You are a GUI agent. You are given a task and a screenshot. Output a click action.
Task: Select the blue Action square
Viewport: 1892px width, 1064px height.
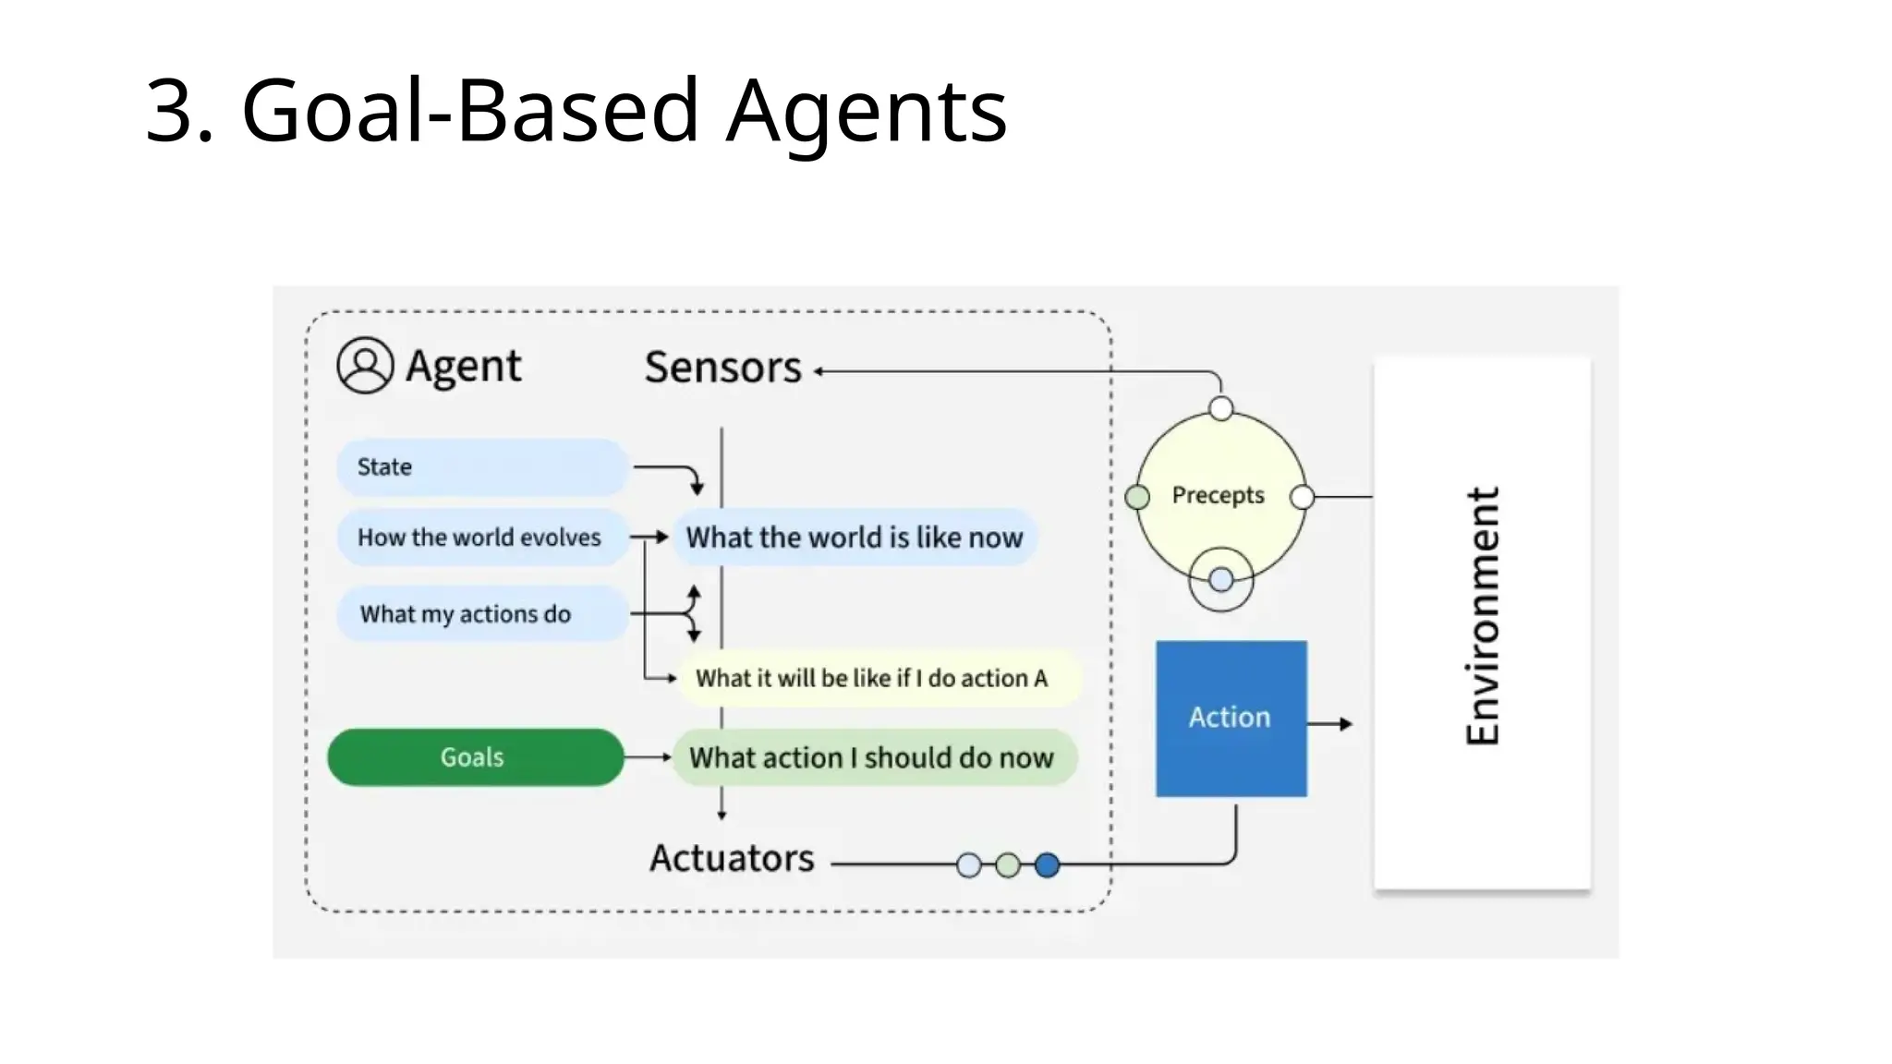[1231, 719]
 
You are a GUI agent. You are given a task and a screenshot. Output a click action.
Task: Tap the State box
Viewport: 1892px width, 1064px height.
[481, 467]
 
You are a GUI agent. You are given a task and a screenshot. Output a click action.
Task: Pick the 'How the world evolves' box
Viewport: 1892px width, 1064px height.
[480, 538]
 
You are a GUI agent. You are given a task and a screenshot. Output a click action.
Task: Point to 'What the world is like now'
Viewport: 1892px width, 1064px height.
[855, 538]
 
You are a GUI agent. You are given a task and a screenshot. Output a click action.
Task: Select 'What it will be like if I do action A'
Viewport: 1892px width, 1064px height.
[872, 679]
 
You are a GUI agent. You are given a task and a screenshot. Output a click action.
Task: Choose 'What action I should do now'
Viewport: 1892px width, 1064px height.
[872, 758]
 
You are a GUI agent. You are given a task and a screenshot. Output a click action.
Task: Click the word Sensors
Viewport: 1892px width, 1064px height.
[723, 368]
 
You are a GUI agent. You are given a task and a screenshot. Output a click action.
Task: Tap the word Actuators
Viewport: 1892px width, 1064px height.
[732, 859]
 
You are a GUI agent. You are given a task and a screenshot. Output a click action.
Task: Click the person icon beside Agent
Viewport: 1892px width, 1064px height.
[365, 366]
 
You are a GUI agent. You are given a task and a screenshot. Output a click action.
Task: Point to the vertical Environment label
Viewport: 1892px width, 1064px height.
[1483, 616]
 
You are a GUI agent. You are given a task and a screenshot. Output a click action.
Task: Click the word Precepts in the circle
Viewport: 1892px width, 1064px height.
[1218, 496]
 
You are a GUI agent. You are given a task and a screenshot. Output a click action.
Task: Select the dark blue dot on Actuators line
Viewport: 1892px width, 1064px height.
[1047, 865]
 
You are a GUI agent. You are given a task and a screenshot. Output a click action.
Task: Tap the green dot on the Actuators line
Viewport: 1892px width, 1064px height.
[1008, 865]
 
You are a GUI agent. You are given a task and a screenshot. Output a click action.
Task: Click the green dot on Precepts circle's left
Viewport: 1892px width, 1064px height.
[1137, 498]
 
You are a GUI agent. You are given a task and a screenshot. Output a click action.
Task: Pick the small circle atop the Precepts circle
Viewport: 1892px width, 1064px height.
[1221, 409]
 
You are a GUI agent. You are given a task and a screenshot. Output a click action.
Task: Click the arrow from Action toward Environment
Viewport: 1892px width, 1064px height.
[1331, 724]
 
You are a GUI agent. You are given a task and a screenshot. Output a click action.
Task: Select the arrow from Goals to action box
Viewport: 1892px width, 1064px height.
[648, 757]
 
